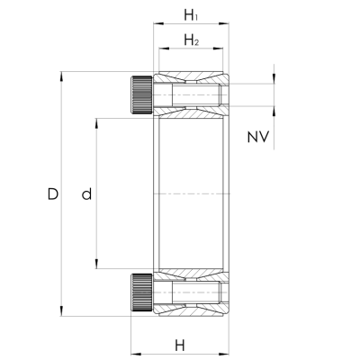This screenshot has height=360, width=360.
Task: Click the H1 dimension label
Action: (191, 15)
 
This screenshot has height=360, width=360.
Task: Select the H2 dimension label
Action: (192, 40)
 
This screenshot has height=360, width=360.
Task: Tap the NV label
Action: (258, 137)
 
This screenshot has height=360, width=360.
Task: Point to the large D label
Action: (53, 194)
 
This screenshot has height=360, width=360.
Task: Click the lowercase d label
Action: (86, 194)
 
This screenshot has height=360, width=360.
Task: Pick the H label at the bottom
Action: (180, 346)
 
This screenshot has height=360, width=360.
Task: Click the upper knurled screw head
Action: (141, 95)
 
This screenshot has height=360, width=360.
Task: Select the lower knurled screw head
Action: (141, 292)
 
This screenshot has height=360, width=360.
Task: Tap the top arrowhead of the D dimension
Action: (61, 76)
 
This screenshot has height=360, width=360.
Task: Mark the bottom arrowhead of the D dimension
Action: (61, 311)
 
